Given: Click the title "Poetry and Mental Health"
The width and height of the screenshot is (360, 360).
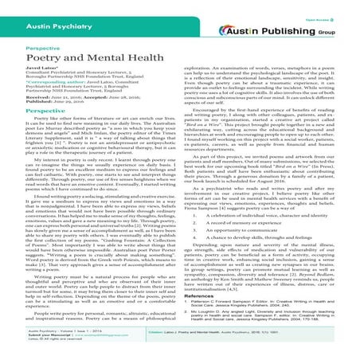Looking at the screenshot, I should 72,57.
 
